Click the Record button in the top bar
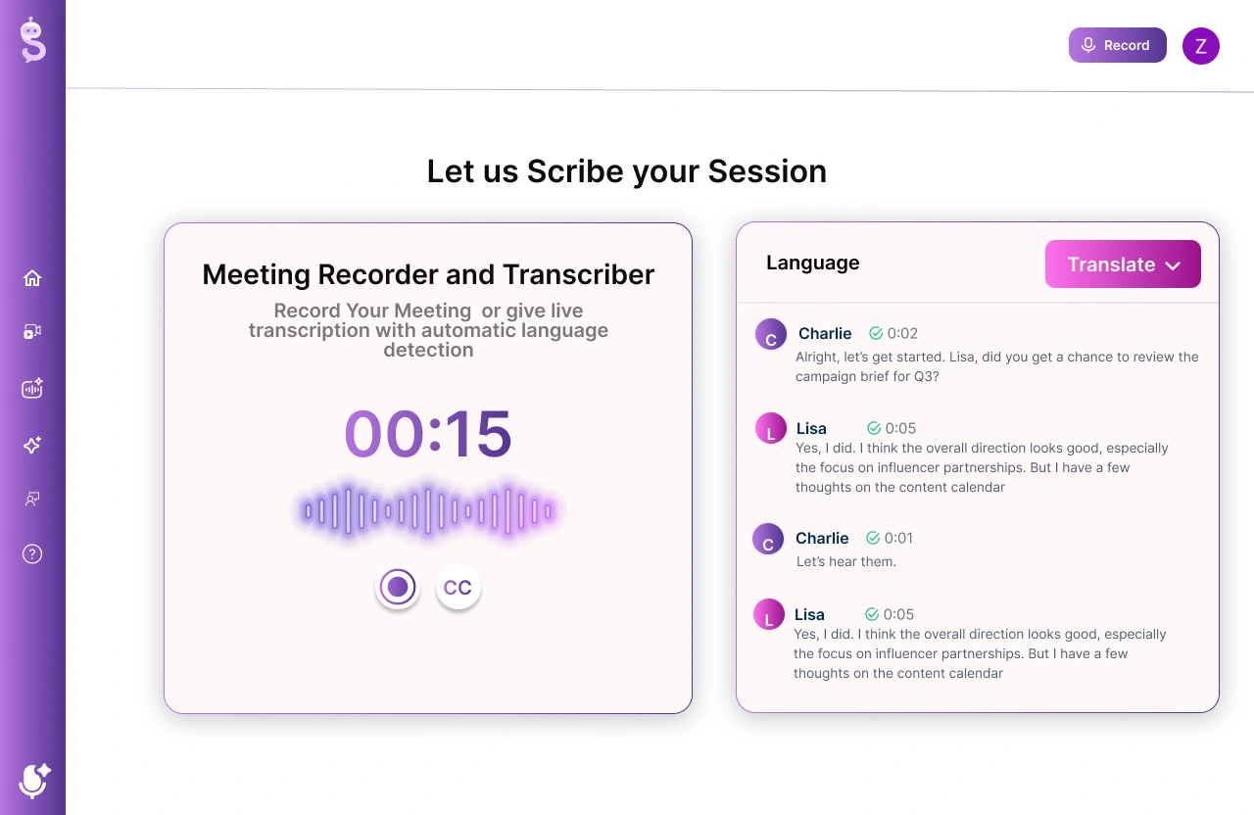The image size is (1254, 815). pos(1118,45)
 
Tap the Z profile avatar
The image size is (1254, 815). pos(1201,46)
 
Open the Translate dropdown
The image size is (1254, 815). pos(1123,264)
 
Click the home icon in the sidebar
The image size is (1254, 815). pos(32,277)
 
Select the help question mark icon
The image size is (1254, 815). pos(32,554)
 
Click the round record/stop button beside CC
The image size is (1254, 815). pos(398,587)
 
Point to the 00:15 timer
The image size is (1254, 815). pos(428,433)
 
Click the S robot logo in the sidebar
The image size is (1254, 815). pos(33,39)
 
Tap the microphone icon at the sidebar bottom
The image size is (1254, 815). pos(33,780)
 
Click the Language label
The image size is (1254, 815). pos(813,263)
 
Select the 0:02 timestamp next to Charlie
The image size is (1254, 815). pos(902,334)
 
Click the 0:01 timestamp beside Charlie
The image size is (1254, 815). pos(898,538)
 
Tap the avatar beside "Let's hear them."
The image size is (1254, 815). pos(768,539)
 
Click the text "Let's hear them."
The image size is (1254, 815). pos(845,561)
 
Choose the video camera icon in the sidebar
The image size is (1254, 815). pos(32,332)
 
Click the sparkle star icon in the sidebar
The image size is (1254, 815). pos(32,445)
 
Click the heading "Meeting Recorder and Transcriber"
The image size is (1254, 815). pos(428,274)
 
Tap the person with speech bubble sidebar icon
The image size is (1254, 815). pos(32,499)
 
